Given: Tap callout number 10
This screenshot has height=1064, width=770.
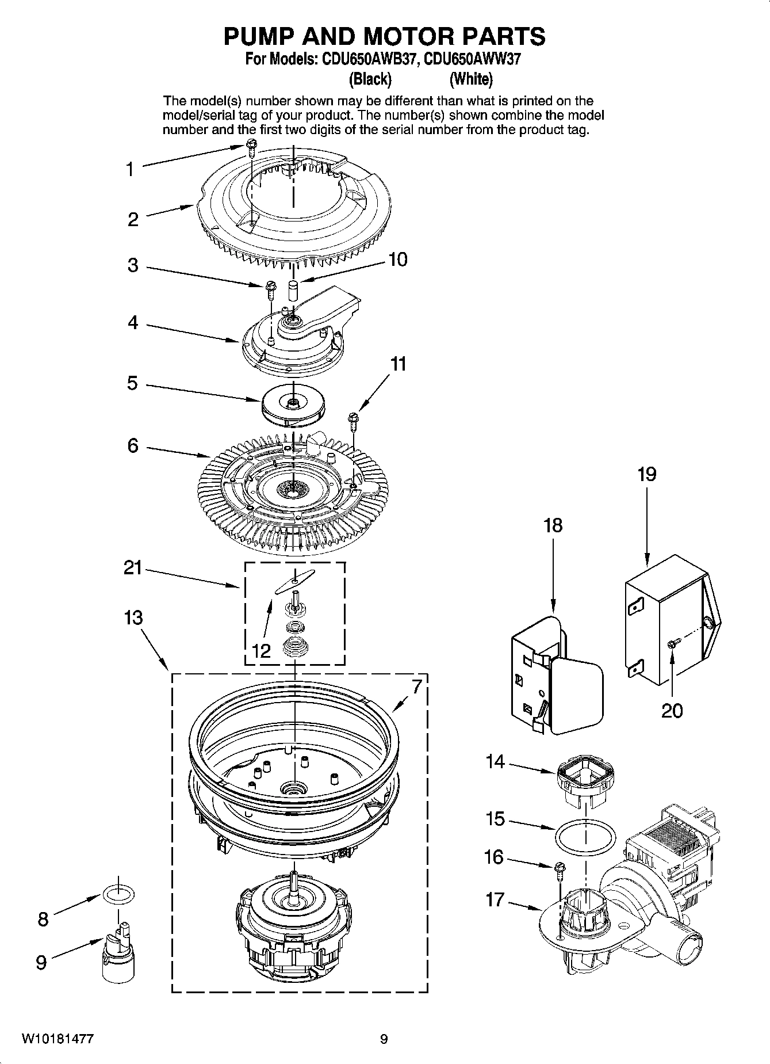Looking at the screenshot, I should pyautogui.click(x=397, y=260).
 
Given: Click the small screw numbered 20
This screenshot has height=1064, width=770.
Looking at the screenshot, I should pyautogui.click(x=673, y=644).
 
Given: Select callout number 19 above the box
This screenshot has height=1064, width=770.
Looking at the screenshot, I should pyautogui.click(x=647, y=475).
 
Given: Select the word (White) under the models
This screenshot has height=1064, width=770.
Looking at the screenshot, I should pyautogui.click(x=471, y=78).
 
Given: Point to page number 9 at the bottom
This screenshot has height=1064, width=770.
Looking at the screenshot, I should pyautogui.click(x=384, y=1039).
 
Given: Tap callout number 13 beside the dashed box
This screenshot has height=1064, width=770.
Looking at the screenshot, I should pyautogui.click(x=133, y=617).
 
